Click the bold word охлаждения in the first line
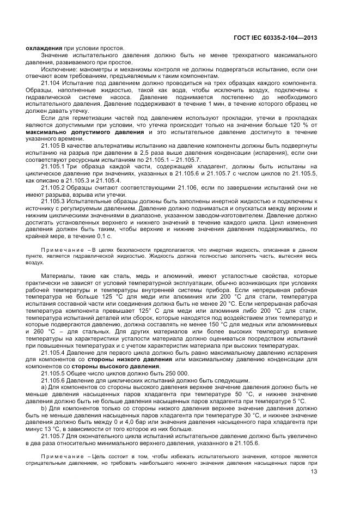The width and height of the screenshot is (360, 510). coord(44,48)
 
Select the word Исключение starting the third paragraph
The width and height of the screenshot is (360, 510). coord(57,69)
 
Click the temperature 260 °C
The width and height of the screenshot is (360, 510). coord(45,331)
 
